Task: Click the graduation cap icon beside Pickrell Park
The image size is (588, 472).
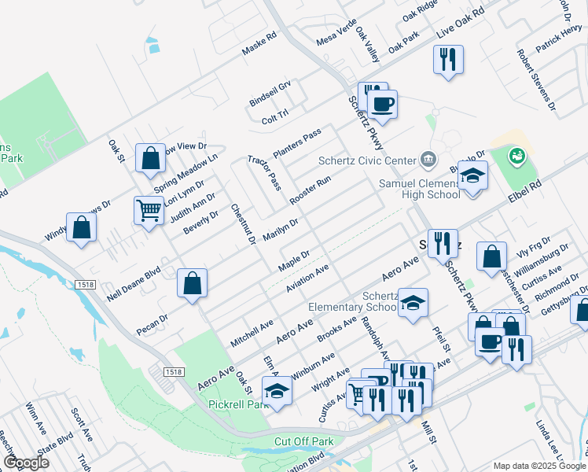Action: point(277,391)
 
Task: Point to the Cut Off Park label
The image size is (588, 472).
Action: point(303,441)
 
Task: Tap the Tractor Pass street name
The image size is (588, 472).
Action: point(264,172)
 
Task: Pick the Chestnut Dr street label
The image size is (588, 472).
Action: point(244,224)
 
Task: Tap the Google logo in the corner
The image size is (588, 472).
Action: point(26,462)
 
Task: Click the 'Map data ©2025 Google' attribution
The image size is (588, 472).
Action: point(538,466)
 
